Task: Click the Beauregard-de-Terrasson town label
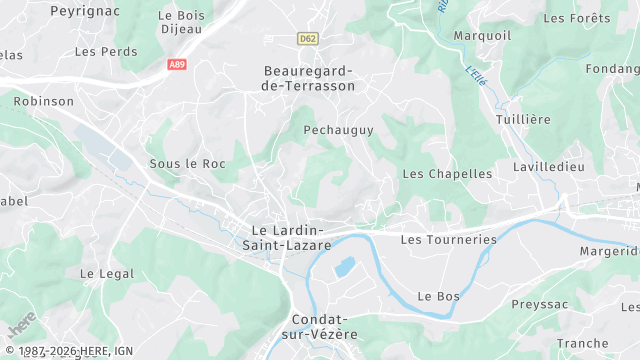tap(308, 79)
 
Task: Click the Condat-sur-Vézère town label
tap(324, 326)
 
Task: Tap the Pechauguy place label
tap(338, 130)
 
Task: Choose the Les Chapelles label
tap(446, 174)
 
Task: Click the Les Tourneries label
tap(448, 240)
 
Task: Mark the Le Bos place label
tap(438, 296)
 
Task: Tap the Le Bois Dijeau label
tap(181, 22)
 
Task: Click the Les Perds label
tap(106, 51)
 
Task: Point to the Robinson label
tap(44, 101)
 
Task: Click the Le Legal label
tap(100, 273)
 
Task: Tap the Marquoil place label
tap(482, 35)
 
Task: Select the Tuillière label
tap(523, 119)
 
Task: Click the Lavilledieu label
tap(548, 167)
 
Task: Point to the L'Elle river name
tap(479, 76)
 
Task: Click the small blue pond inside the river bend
tap(345, 266)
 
